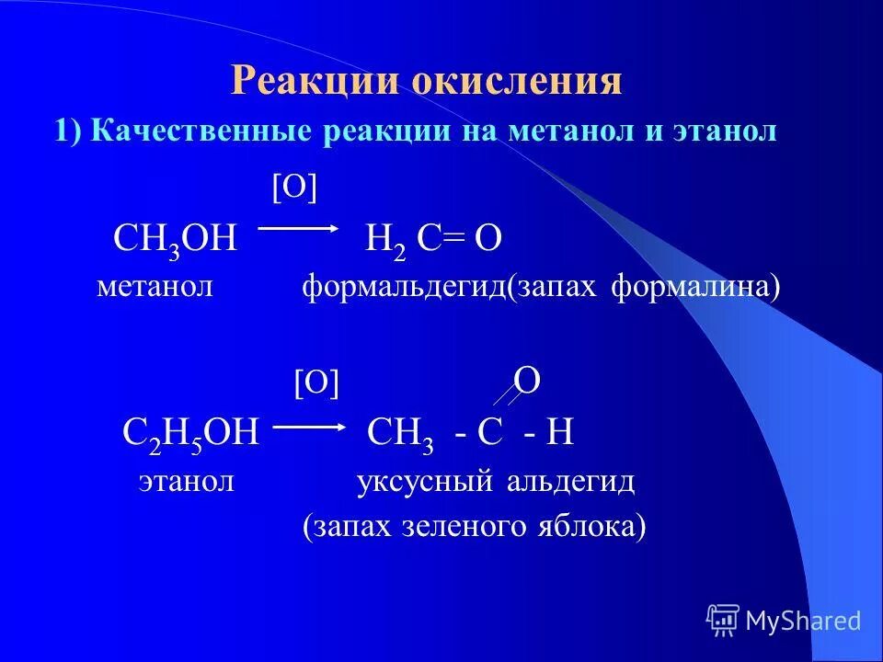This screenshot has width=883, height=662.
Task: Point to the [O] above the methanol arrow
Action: click(293, 188)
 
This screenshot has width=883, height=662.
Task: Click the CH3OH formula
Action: click(176, 242)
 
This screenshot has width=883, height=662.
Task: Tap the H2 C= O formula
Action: click(433, 242)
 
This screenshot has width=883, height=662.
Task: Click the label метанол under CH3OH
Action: click(155, 287)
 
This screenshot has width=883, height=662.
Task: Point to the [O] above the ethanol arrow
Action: click(316, 383)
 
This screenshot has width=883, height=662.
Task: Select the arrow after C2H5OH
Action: click(309, 428)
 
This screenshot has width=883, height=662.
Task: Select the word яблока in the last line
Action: click(588, 527)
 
